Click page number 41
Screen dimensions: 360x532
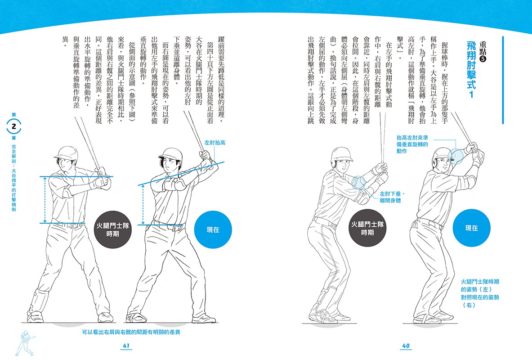[126, 345]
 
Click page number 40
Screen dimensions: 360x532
[406, 345]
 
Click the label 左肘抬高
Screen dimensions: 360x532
[215, 143]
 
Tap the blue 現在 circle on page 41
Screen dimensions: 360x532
[213, 229]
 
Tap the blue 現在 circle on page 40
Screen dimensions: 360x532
[471, 228]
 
